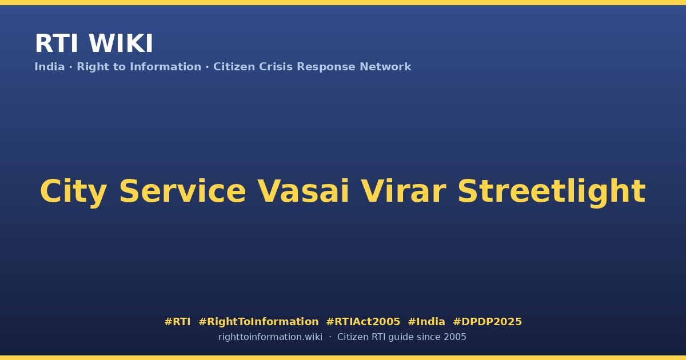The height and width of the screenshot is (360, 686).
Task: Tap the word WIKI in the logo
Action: (121, 43)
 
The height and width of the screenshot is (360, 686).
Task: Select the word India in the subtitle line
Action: (50, 67)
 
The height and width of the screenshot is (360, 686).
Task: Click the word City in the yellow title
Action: (74, 191)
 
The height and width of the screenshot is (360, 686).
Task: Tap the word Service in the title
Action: (182, 191)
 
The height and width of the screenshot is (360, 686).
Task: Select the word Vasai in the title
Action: (303, 191)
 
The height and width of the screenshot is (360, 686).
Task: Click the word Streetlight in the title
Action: (552, 191)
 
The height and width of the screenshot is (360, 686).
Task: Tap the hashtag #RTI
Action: (177, 322)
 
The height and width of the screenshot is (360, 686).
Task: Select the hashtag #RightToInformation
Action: (258, 322)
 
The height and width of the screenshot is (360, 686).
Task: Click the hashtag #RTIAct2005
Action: (363, 322)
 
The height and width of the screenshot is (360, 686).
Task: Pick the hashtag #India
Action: (426, 322)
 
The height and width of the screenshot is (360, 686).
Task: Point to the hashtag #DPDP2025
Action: (487, 322)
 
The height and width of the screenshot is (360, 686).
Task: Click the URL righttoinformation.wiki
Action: (270, 337)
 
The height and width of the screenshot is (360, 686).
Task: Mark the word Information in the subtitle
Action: (165, 67)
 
